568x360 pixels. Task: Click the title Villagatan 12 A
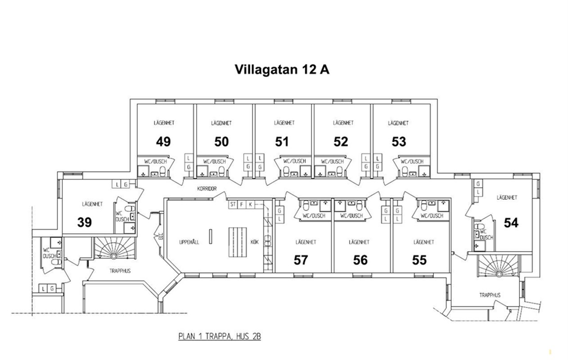[282, 69]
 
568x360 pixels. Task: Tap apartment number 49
[163, 141]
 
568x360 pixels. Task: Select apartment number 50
[221, 141]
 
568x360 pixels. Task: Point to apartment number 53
[399, 141]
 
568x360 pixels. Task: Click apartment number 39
[85, 222]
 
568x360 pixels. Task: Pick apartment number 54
[511, 223]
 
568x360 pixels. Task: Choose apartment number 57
[301, 260]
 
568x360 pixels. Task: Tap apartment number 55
[419, 260]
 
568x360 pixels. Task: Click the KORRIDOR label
[207, 189]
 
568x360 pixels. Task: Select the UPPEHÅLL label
[189, 242]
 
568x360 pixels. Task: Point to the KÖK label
[255, 242]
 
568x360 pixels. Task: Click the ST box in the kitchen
[233, 204]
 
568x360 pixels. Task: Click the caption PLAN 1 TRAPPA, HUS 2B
[220, 337]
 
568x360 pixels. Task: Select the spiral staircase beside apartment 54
[499, 266]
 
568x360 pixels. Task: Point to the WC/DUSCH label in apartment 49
[155, 162]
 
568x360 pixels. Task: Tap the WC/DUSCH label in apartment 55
[432, 216]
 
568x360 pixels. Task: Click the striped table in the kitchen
[238, 243]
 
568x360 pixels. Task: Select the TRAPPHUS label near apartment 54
[490, 295]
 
